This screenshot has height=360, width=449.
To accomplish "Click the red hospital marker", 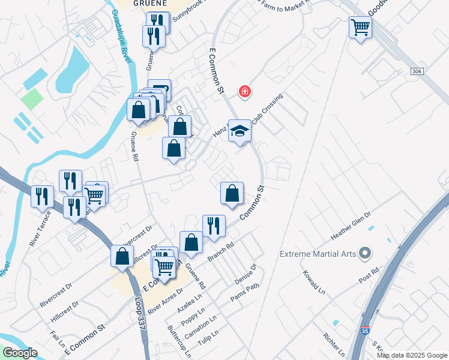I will click(244, 91).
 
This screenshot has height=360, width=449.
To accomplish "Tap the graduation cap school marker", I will click(240, 131).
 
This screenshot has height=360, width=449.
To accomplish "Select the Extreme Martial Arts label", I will click(318, 254).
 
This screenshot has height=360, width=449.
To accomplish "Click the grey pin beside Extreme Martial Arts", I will click(364, 253).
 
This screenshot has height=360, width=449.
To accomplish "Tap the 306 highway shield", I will click(418, 71).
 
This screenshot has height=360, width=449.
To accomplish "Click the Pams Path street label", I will click(244, 295).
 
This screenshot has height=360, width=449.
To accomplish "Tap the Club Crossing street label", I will click(267, 108).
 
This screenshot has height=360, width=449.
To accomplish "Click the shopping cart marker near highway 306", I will click(360, 26).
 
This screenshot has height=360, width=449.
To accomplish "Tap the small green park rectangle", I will click(31, 98).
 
